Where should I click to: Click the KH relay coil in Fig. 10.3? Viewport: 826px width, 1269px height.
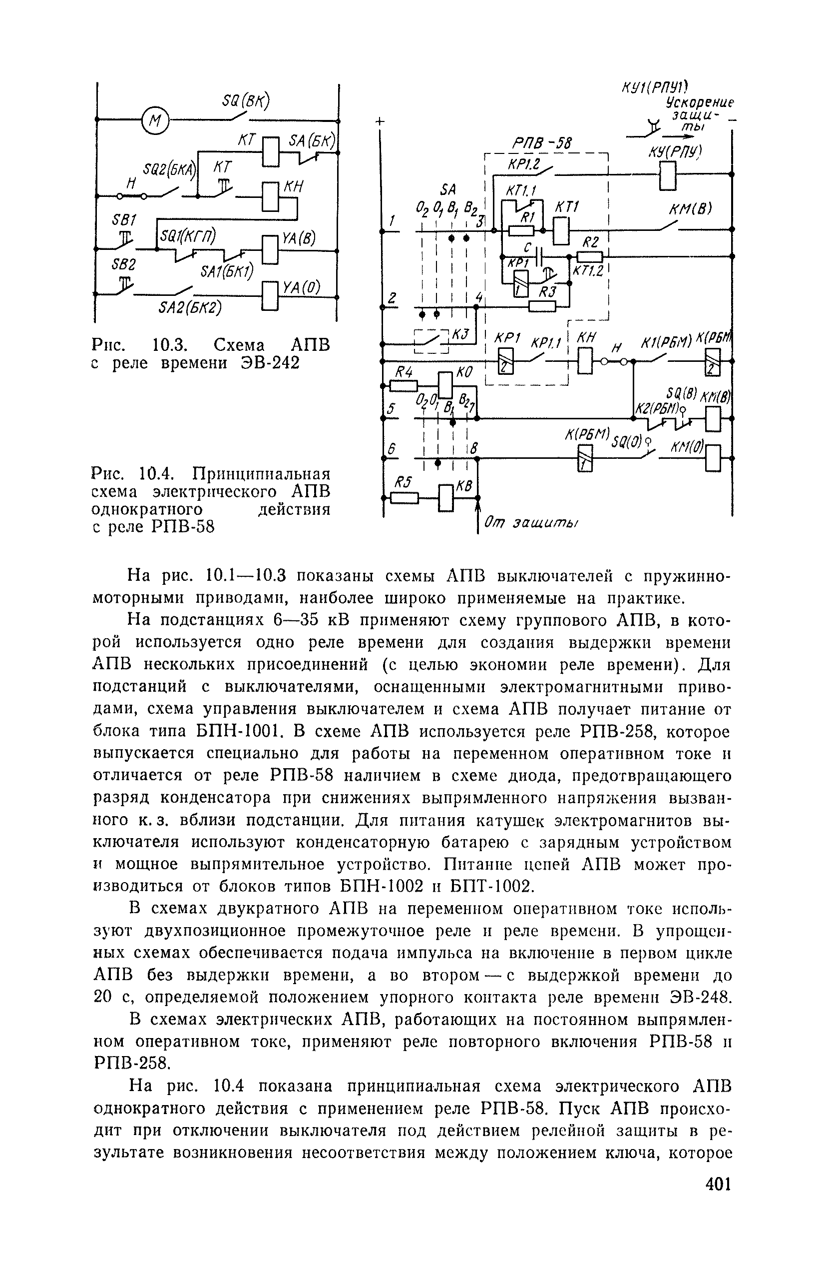pyautogui.click(x=270, y=197)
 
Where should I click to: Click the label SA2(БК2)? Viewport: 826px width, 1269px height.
pyautogui.click(x=190, y=309)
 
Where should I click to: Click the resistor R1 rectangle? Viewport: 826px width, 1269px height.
pyautogui.click(x=521, y=230)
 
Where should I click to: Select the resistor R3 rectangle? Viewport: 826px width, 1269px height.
pyautogui.click(x=542, y=306)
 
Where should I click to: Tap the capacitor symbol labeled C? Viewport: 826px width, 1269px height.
pyautogui.click(x=542, y=256)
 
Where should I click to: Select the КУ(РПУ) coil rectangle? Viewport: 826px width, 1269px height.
pyautogui.click(x=668, y=174)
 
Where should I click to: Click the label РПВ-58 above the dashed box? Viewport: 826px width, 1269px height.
pyautogui.click(x=539, y=143)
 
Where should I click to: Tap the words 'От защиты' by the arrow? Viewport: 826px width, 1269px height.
pyautogui.click(x=530, y=524)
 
